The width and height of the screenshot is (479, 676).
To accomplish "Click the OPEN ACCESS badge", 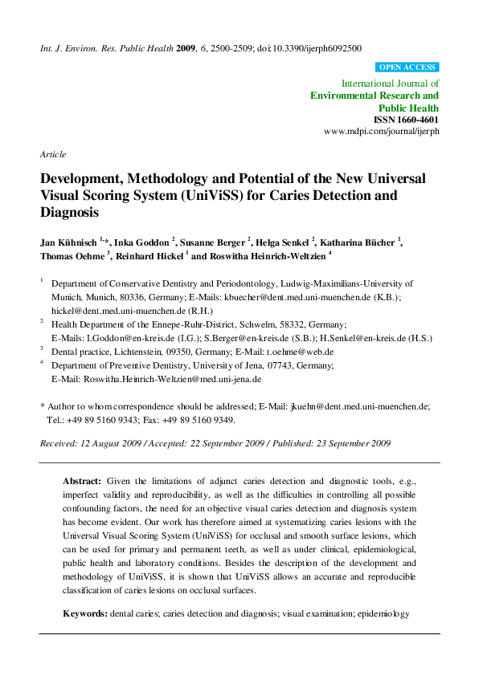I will [407, 67].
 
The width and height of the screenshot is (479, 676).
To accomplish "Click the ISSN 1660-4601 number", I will [407, 119].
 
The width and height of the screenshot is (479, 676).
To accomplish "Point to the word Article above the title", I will [53, 154].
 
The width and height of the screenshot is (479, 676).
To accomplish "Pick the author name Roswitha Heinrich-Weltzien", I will [264, 256].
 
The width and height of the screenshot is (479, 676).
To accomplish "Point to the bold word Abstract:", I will [82, 479].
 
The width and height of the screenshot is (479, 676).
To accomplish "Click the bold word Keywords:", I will [85, 613].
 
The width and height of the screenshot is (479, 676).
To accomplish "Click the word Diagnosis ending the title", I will [68, 214].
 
